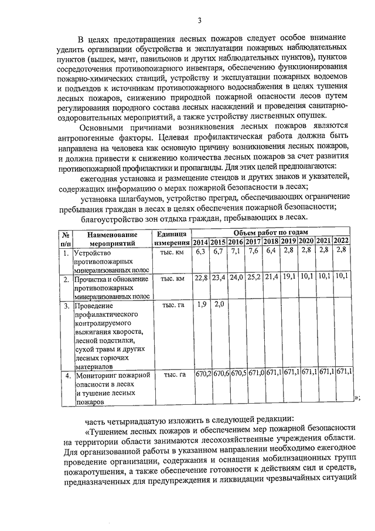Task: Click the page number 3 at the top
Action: click(200, 21)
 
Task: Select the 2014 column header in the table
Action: click(201, 242)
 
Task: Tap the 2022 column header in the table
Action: click(342, 242)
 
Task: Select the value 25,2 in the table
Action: click(253, 277)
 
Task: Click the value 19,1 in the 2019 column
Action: click(288, 277)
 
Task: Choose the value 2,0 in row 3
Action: click(219, 304)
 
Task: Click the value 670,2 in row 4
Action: click(203, 373)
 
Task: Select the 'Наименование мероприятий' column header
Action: click(112, 238)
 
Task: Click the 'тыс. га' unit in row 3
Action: click(173, 305)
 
